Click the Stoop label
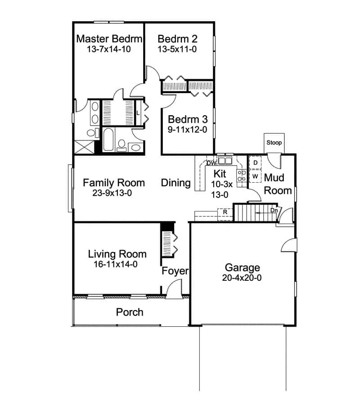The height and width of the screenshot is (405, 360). pyautogui.click(x=274, y=143)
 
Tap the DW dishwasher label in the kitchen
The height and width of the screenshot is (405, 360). pyautogui.click(x=211, y=163)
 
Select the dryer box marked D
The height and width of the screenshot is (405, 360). pyautogui.click(x=255, y=162)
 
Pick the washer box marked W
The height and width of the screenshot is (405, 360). pyautogui.click(x=255, y=176)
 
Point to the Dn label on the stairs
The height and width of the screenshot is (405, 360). pyautogui.click(x=274, y=211)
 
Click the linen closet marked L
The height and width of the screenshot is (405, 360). pyautogui.click(x=138, y=113)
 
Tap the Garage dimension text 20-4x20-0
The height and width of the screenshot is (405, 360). pyautogui.click(x=242, y=278)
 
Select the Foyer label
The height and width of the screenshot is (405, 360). pyautogui.click(x=175, y=271)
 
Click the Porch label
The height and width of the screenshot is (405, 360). pyautogui.click(x=130, y=312)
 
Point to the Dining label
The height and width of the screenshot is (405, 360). pyautogui.click(x=176, y=183)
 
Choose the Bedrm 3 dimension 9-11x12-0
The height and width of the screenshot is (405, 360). pyautogui.click(x=188, y=130)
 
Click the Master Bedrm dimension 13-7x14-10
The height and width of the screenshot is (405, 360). pyautogui.click(x=109, y=49)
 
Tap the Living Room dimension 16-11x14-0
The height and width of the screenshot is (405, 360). pyautogui.click(x=116, y=264)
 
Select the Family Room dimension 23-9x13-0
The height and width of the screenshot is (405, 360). pyautogui.click(x=112, y=193)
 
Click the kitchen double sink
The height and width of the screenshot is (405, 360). pyautogui.click(x=225, y=161)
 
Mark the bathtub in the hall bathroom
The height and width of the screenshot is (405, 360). pyautogui.click(x=108, y=140)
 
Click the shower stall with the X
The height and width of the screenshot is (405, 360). pyautogui.click(x=85, y=147)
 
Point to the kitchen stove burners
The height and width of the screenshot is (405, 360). pyautogui.click(x=242, y=175)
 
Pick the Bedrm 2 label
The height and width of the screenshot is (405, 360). pyautogui.click(x=178, y=39)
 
